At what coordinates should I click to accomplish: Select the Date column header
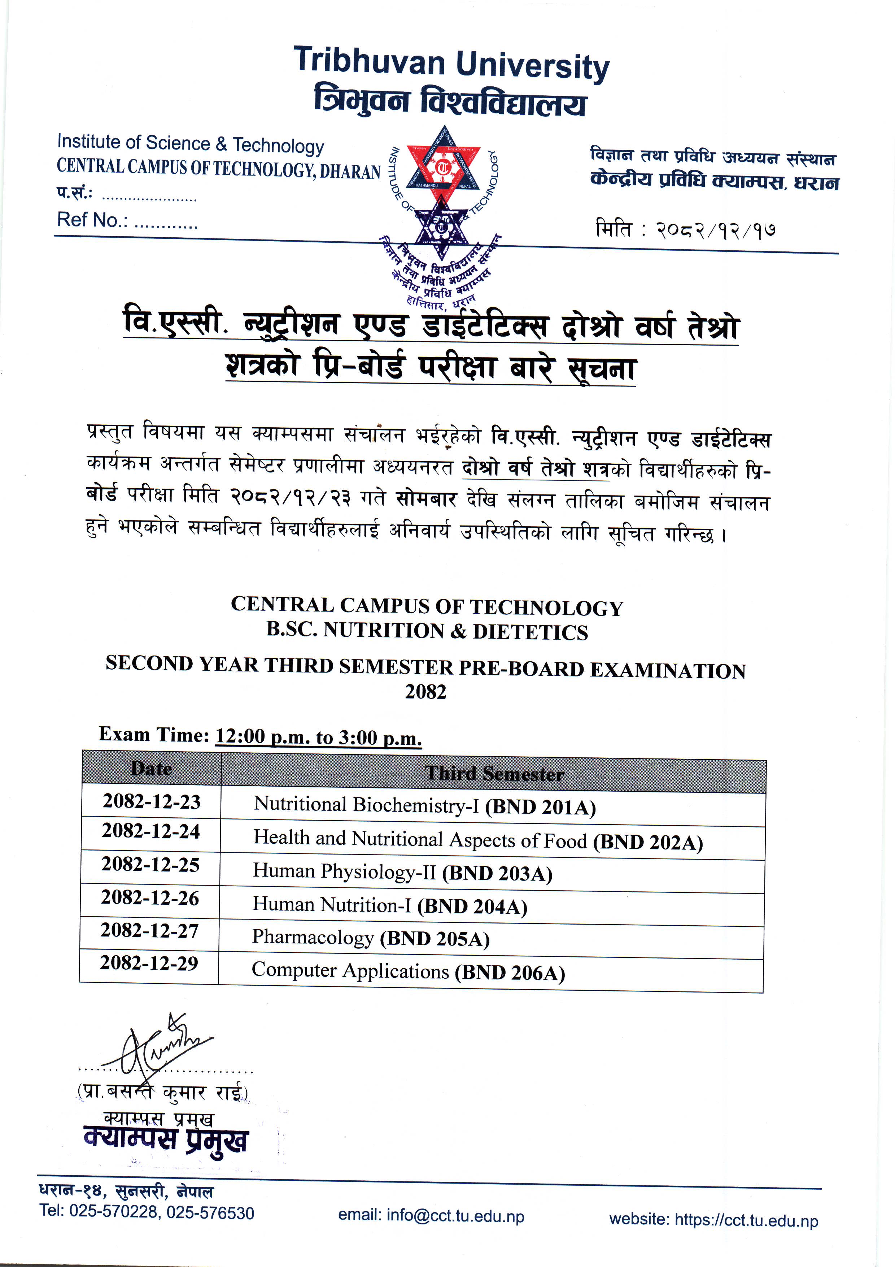(151, 769)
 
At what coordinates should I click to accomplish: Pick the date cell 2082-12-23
(151, 801)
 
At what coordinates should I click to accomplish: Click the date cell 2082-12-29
(149, 963)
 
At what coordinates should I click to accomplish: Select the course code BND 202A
(648, 842)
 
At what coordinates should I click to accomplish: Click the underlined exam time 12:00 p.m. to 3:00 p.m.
(318, 737)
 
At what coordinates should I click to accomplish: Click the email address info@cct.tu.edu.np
(455, 1216)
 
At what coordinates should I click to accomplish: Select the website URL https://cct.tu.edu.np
(746, 1220)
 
